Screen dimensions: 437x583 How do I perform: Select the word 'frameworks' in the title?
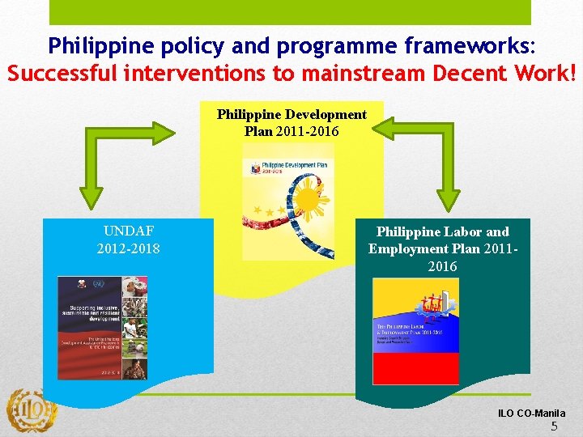[473, 44]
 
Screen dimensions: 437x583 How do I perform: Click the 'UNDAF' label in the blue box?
[128, 231]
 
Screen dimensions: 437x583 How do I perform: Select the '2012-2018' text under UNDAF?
[128, 248]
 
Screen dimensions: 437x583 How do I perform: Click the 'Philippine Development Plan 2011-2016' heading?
[291, 122]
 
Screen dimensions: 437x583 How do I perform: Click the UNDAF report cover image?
[102, 328]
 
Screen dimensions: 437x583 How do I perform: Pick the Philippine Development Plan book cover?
[287, 202]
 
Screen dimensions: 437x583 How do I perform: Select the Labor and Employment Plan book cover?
[415, 331]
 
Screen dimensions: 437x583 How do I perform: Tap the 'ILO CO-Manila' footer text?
[531, 414]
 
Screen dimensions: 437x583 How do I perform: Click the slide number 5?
[554, 426]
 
